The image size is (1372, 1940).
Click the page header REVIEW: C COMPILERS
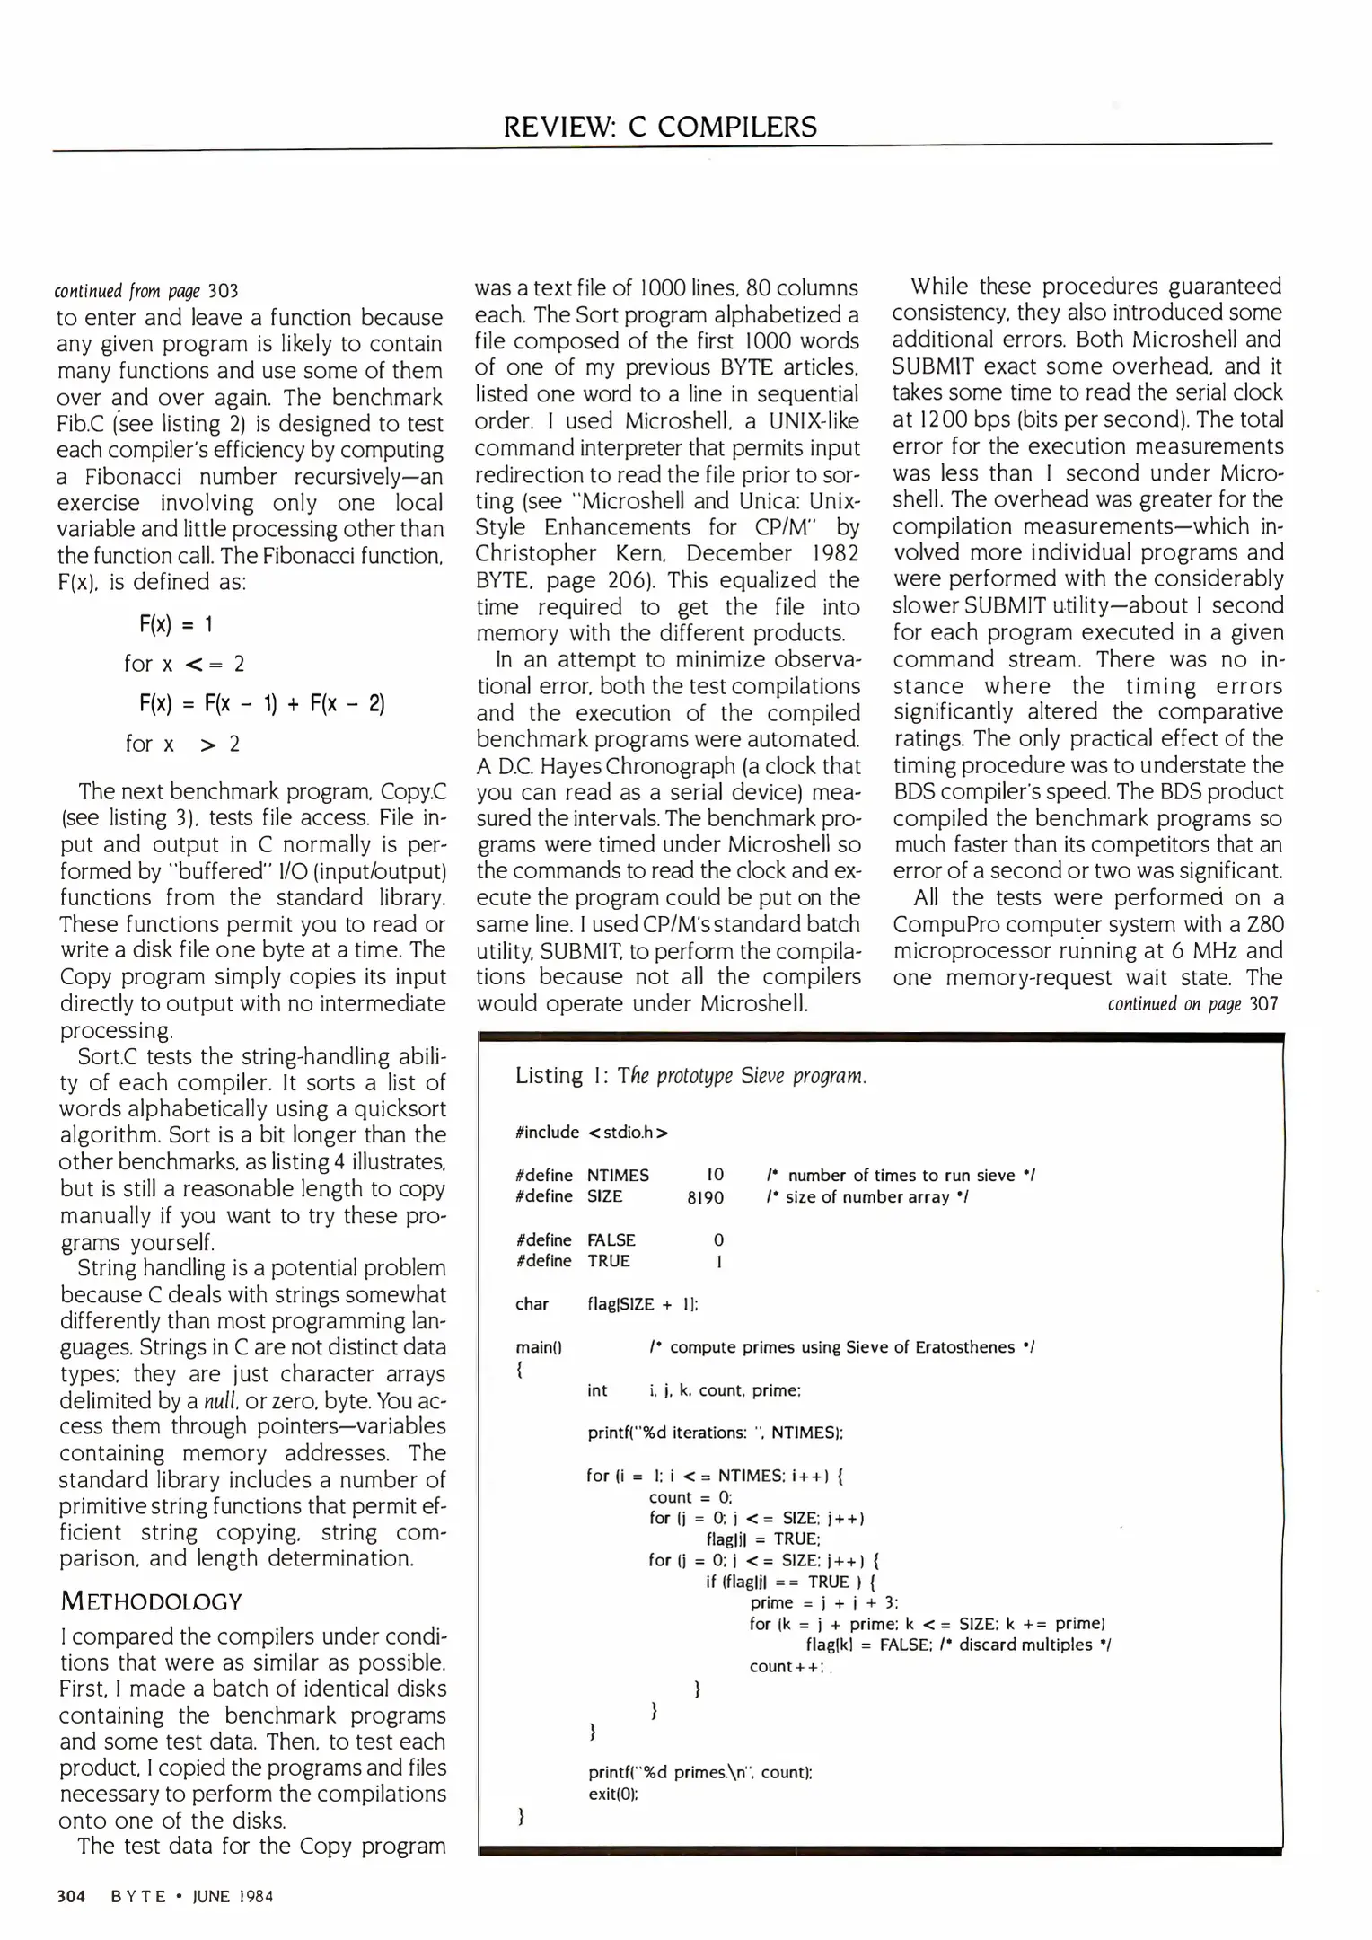click(x=660, y=127)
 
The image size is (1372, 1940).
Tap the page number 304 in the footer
click(x=71, y=1896)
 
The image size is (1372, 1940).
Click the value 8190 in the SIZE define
click(x=705, y=1197)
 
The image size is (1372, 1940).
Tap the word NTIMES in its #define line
click(x=618, y=1176)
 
